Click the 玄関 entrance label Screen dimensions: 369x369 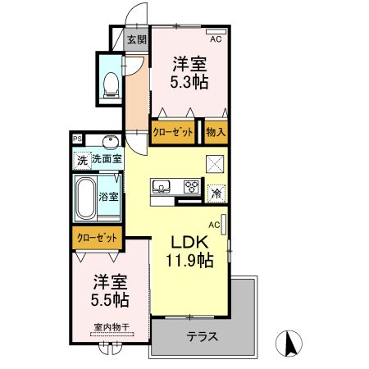coord(136,40)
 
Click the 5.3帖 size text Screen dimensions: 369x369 coord(189,82)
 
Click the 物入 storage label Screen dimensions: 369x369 coord(215,131)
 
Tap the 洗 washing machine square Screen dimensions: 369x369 coord(81,160)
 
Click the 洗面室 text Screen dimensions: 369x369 coord(106,160)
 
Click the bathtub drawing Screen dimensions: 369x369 coord(86,197)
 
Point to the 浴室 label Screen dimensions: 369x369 coord(109,197)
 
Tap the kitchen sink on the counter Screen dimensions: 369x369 coord(162,185)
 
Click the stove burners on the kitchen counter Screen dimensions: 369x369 coord(192,186)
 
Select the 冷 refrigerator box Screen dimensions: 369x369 coord(216,194)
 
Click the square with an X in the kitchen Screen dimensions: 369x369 coord(214,164)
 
